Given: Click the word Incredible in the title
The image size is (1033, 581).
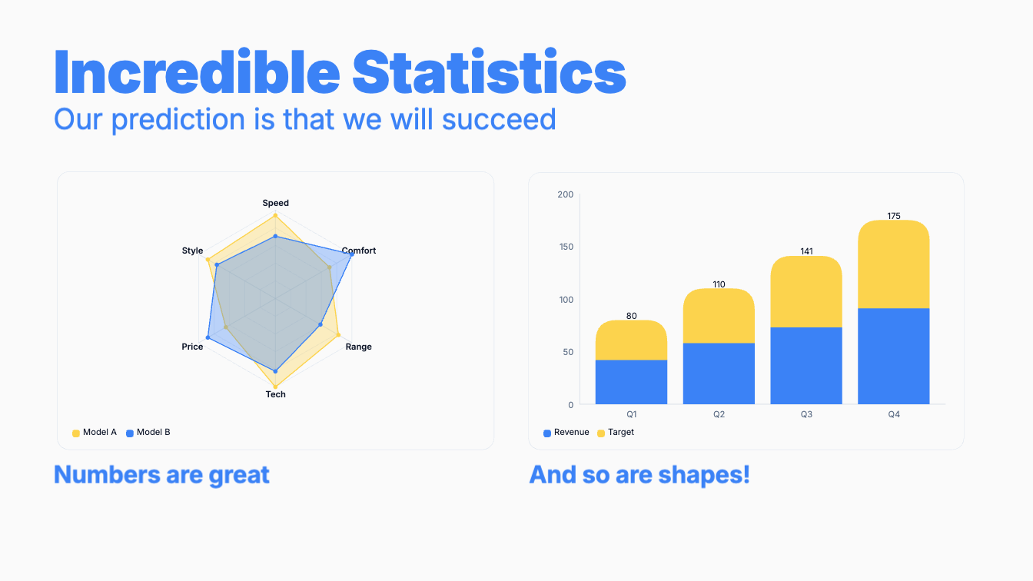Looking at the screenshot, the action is click(x=197, y=71).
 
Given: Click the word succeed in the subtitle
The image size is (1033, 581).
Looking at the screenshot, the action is click(x=499, y=119).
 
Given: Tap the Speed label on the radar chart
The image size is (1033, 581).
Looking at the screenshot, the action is click(x=275, y=203).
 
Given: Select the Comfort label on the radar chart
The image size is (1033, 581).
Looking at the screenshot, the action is click(x=359, y=251).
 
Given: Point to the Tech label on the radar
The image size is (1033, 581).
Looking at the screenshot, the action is click(x=275, y=394).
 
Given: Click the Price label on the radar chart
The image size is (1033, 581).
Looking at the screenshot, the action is click(x=192, y=347).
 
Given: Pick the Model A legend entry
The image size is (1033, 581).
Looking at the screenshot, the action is click(x=95, y=433).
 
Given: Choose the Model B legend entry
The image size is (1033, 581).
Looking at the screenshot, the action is click(x=148, y=433).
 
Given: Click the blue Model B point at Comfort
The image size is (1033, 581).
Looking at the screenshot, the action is click(x=352, y=254).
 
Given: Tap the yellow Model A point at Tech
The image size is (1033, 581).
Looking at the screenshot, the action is click(x=275, y=387).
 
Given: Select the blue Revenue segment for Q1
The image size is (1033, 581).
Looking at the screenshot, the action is click(x=631, y=382).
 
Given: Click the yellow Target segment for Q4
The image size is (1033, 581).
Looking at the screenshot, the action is click(x=894, y=264).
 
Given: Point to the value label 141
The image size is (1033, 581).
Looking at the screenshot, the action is click(x=806, y=251).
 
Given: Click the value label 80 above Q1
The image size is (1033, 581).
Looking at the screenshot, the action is click(x=631, y=316).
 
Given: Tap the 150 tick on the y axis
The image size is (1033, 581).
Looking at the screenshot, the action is click(x=566, y=247).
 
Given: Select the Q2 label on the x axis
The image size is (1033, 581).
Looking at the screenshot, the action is click(x=719, y=414).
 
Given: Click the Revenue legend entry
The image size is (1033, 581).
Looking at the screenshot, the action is click(x=566, y=433).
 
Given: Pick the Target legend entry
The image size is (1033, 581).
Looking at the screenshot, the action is click(x=616, y=433).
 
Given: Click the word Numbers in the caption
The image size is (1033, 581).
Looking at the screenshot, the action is click(x=108, y=474).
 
